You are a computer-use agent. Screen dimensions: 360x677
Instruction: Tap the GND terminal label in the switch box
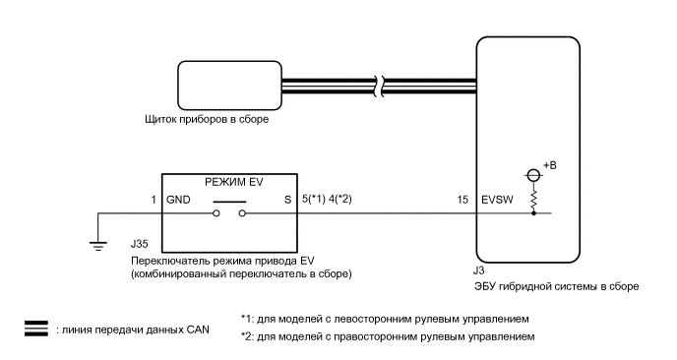click(180, 199)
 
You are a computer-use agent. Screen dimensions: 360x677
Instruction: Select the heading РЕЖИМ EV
click(231, 180)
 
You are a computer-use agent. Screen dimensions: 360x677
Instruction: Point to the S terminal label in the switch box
click(287, 199)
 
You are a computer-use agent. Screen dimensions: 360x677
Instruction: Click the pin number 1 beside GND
click(154, 199)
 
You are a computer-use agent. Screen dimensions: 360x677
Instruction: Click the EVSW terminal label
click(497, 199)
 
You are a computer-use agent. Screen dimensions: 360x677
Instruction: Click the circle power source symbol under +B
click(534, 175)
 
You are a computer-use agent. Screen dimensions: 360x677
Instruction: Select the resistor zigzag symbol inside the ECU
click(534, 197)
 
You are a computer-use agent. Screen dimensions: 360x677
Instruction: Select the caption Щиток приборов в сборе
click(206, 122)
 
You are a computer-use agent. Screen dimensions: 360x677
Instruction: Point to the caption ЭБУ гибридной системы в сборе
click(557, 287)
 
